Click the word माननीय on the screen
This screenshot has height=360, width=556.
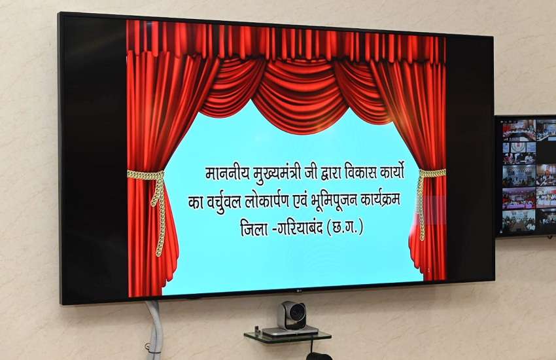coord(228,173)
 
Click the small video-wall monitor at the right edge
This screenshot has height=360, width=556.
coord(526,176)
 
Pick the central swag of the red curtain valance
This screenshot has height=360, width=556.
coord(300,95)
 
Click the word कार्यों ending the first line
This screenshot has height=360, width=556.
coord(391,172)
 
